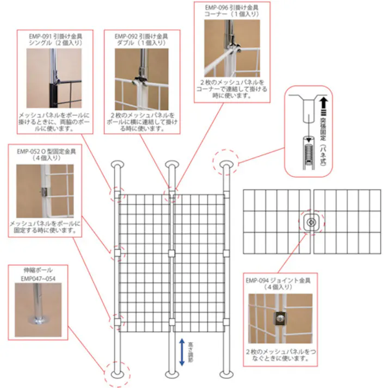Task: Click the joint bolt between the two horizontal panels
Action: point(312,223)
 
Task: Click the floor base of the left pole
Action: point(117,375)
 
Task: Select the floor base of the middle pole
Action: point(171,375)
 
